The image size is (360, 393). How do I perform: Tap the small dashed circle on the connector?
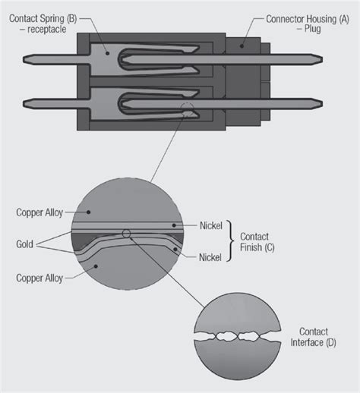tap(188, 109)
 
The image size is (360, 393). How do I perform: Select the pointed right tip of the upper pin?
tap(334, 56)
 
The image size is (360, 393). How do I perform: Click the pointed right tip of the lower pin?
tap(334, 102)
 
